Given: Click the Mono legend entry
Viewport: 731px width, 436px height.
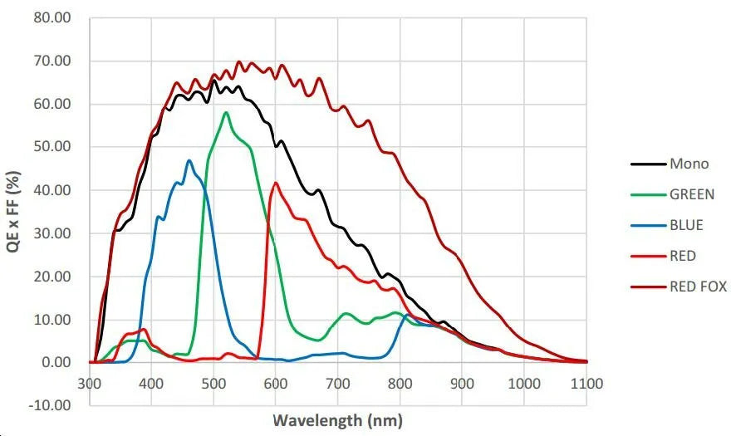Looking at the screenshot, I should coord(689,164).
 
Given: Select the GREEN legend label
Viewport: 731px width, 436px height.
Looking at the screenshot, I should coord(692,194).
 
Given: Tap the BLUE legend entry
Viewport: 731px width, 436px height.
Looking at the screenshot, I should coord(686,225).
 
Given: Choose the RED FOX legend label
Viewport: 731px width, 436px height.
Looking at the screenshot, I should coord(698,287).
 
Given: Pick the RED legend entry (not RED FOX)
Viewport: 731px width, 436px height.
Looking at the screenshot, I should coord(683,256).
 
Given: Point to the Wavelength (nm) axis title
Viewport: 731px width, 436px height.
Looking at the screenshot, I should coord(338,419).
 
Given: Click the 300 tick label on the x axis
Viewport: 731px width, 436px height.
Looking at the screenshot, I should coord(89,383).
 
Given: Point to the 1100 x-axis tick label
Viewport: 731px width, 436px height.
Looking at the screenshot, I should coord(586,383).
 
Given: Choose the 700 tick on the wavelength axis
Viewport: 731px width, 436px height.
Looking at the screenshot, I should coord(338,383).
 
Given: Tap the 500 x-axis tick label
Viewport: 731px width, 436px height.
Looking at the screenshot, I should coord(213,383).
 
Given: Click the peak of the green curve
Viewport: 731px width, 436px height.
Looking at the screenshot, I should coord(226,111).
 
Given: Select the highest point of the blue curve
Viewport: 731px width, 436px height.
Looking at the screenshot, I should coord(189,160).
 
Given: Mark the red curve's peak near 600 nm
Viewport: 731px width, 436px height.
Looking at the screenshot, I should coord(275,183).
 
